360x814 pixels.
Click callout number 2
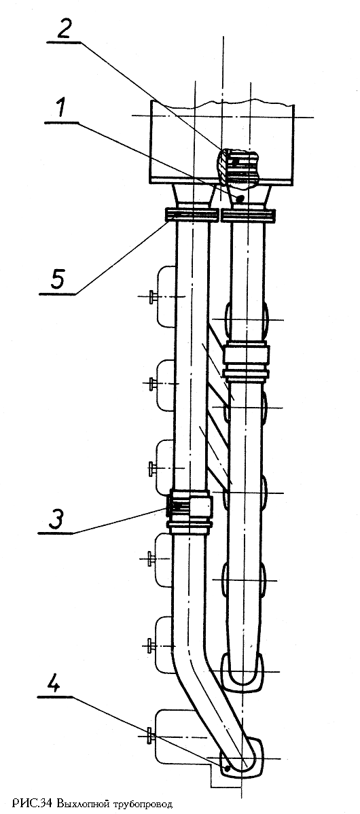pos(64,30)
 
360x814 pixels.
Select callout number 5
pos(58,280)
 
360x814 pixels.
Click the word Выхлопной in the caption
pos(78,804)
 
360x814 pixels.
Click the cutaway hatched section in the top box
pos(238,167)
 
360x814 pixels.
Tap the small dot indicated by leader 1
pos(239,199)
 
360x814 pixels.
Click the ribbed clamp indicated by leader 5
pos(191,215)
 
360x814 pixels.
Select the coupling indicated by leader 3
pos(190,512)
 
